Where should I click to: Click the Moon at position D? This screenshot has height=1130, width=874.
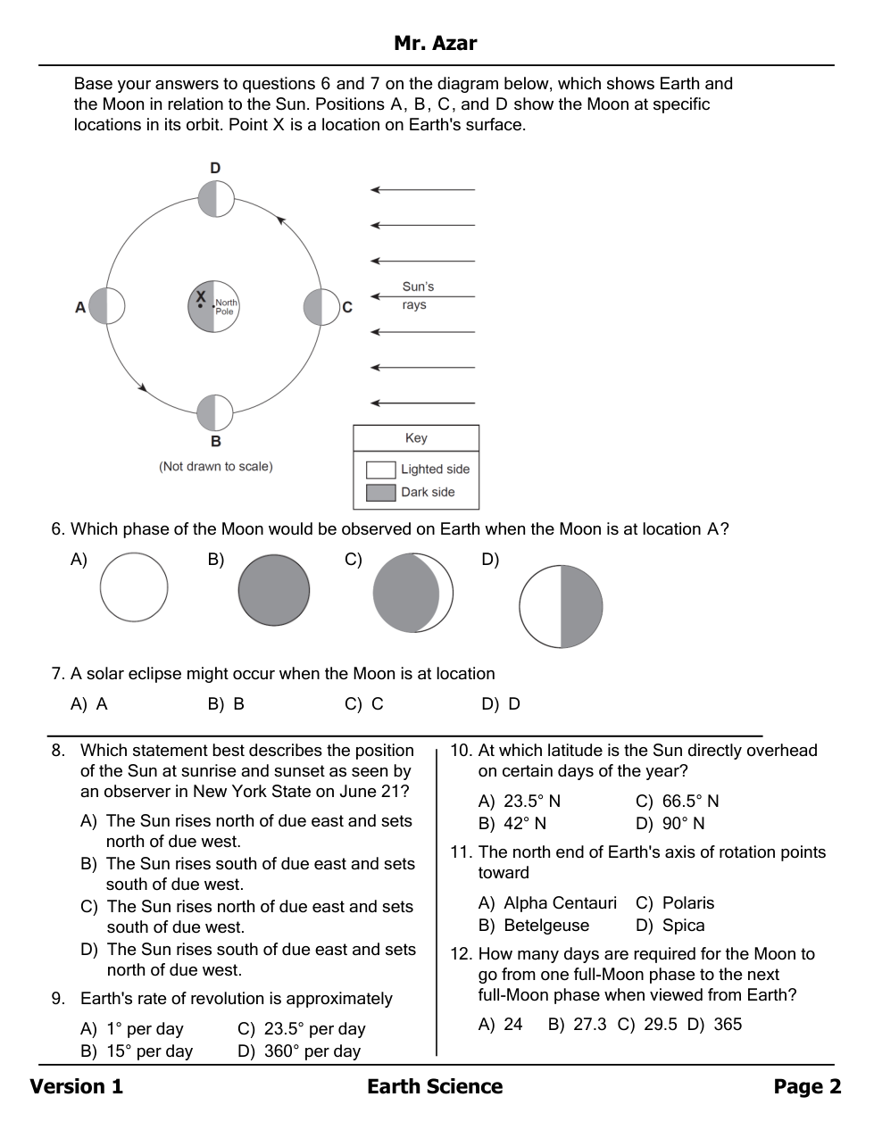(x=216, y=199)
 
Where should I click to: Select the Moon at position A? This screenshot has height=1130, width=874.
(x=107, y=306)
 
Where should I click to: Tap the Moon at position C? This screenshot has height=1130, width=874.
(x=321, y=306)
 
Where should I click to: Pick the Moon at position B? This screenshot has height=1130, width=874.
(x=215, y=413)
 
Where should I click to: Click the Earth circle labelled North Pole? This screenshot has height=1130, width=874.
(x=214, y=306)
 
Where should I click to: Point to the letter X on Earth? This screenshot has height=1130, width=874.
(x=201, y=296)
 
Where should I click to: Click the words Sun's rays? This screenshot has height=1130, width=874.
(x=416, y=295)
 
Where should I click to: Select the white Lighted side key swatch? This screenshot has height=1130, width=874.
(x=380, y=469)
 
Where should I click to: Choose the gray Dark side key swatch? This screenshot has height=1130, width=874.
(x=380, y=493)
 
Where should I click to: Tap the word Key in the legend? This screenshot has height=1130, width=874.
(x=416, y=438)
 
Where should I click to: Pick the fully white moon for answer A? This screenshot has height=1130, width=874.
(x=134, y=587)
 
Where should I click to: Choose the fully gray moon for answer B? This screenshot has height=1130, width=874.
(x=274, y=590)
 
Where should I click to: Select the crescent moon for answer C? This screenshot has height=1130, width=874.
(x=412, y=593)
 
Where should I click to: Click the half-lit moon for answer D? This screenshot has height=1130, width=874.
(x=561, y=606)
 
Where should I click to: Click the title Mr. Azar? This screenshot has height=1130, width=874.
(x=436, y=43)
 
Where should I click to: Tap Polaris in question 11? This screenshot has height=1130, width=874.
(x=687, y=903)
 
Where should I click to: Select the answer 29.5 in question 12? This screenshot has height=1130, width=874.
(x=660, y=1025)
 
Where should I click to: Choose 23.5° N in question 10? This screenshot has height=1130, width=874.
(x=532, y=802)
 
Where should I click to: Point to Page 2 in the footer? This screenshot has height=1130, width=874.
(x=807, y=1086)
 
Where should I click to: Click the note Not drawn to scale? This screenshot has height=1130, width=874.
(x=216, y=467)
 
